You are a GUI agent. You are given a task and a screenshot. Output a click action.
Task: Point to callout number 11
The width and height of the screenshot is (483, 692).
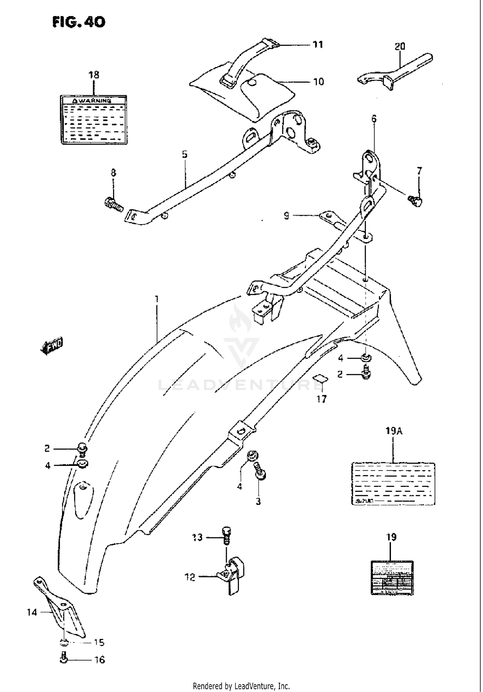pyautogui.click(x=317, y=44)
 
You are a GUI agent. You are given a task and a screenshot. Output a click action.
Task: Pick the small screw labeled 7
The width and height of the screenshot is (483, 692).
pyautogui.click(x=416, y=200)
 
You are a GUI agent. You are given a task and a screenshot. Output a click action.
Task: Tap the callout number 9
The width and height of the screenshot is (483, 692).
pyautogui.click(x=287, y=215)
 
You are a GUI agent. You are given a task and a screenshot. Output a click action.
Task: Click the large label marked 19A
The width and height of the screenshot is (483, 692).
pyautogui.click(x=393, y=483)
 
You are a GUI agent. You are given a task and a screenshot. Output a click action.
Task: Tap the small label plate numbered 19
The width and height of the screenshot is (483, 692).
pyautogui.click(x=392, y=578)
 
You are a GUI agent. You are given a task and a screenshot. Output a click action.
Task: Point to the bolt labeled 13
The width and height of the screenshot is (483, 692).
pyautogui.click(x=226, y=535)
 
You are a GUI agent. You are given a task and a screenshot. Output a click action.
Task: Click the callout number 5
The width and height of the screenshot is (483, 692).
pyautogui.click(x=185, y=154)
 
